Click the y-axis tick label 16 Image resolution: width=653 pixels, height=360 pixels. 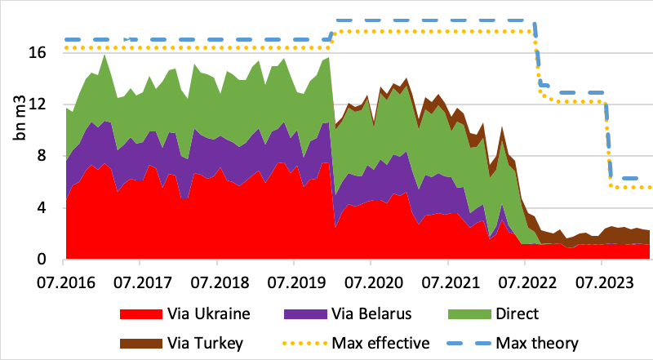point(47,51)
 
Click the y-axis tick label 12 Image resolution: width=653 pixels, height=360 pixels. point(47,104)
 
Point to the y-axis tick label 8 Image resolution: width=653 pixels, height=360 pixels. point(51,156)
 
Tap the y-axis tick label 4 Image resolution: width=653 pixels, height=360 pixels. point(51,208)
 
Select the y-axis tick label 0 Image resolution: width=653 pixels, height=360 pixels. point(51,260)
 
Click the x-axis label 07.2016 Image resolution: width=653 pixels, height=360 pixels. point(63,282)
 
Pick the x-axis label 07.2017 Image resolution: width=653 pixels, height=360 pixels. point(140,282)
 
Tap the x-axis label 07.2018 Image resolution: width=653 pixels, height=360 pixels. point(216,282)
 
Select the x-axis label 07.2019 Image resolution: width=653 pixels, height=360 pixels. point(294,282)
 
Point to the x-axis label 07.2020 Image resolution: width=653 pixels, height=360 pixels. point(371,282)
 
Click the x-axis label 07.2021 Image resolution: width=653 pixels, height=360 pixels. point(447,282)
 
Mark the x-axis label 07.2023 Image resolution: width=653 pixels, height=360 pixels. point(602,282)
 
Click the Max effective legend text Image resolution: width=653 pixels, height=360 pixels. point(382,343)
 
